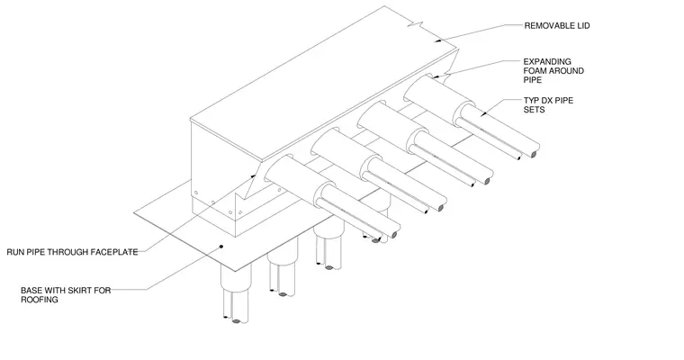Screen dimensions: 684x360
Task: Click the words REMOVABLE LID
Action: pos(556,26)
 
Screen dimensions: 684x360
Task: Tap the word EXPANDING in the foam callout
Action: pos(547,61)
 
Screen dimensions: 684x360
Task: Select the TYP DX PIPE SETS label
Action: pos(548,104)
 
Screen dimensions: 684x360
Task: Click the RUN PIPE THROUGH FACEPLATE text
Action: pos(72,252)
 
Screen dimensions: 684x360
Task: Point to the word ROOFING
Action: pos(40,300)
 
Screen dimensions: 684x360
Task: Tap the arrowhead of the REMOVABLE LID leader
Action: pos(438,40)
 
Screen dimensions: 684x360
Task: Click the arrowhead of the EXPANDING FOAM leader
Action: pos(436,76)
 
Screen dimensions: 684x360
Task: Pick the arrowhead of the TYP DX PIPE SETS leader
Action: pos(483,114)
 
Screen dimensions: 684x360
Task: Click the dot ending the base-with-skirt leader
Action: pos(221,247)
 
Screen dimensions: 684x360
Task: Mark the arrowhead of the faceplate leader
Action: pos(254,176)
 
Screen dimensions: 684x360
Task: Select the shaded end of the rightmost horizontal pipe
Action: pos(533,154)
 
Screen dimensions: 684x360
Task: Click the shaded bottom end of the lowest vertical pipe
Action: pos(236,321)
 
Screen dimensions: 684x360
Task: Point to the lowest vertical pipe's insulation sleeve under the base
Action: pos(236,278)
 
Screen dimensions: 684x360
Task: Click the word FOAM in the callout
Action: pos(535,71)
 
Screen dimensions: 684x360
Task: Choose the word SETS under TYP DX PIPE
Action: pos(535,110)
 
